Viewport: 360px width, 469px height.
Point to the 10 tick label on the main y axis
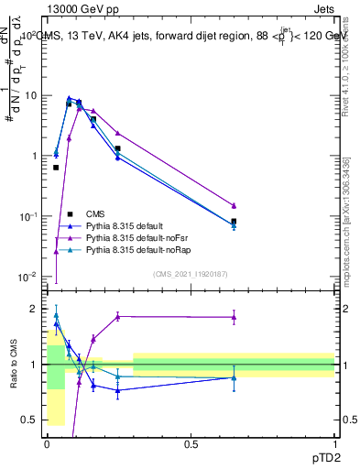pyautogui.click(x=32, y=96)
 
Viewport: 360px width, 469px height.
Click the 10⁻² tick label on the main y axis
pyautogui.click(x=29, y=277)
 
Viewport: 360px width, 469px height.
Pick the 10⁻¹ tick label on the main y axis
pyautogui.click(x=29, y=216)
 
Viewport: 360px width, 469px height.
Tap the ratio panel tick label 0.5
pyautogui.click(x=32, y=420)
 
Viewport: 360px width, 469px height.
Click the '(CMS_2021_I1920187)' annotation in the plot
pyautogui.click(x=191, y=273)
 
